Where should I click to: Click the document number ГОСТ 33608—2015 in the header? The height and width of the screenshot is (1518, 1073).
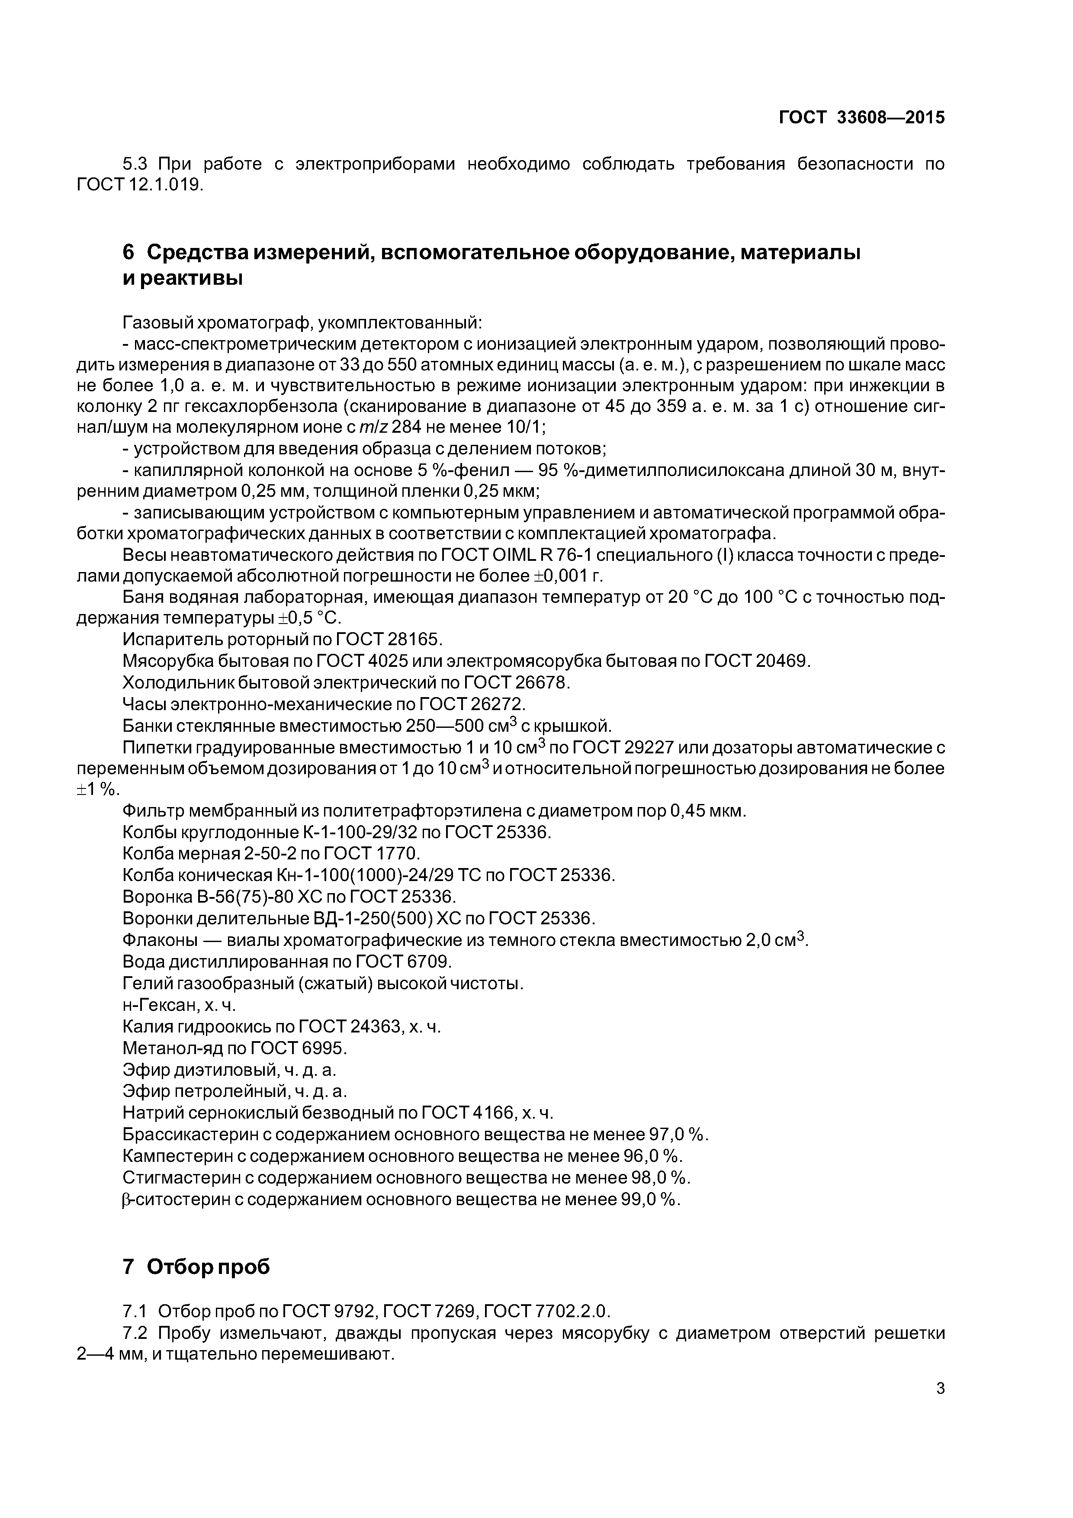[x=861, y=118]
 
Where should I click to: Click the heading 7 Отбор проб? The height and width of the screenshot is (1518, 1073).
[x=196, y=1267]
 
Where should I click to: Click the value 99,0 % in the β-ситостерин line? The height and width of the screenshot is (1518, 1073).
[x=650, y=1199]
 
